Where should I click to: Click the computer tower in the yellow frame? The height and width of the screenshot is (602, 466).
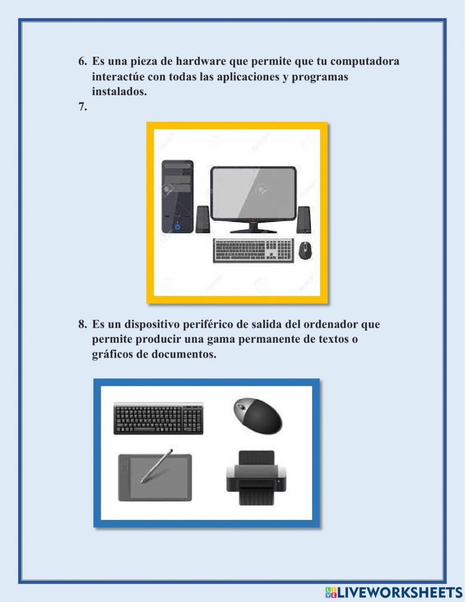pyautogui.click(x=177, y=196)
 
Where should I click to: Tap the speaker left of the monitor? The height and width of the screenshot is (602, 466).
pyautogui.click(x=202, y=219)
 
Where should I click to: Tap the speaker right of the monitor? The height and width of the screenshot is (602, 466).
pyautogui.click(x=303, y=220)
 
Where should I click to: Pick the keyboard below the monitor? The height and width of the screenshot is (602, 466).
pyautogui.click(x=254, y=250)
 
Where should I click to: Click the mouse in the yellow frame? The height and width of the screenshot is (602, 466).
pyautogui.click(x=305, y=250)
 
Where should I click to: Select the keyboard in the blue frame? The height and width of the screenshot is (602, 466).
pyautogui.click(x=158, y=418)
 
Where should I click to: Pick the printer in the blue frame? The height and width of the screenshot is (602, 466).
pyautogui.click(x=256, y=477)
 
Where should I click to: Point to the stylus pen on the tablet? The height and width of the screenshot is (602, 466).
pyautogui.click(x=157, y=466)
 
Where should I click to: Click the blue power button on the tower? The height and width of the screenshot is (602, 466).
pyautogui.click(x=178, y=227)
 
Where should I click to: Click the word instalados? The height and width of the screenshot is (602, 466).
pyautogui.click(x=119, y=92)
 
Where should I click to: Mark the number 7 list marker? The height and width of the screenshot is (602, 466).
pyautogui.click(x=82, y=107)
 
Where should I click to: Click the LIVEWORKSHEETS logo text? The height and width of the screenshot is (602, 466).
pyautogui.click(x=399, y=593)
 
